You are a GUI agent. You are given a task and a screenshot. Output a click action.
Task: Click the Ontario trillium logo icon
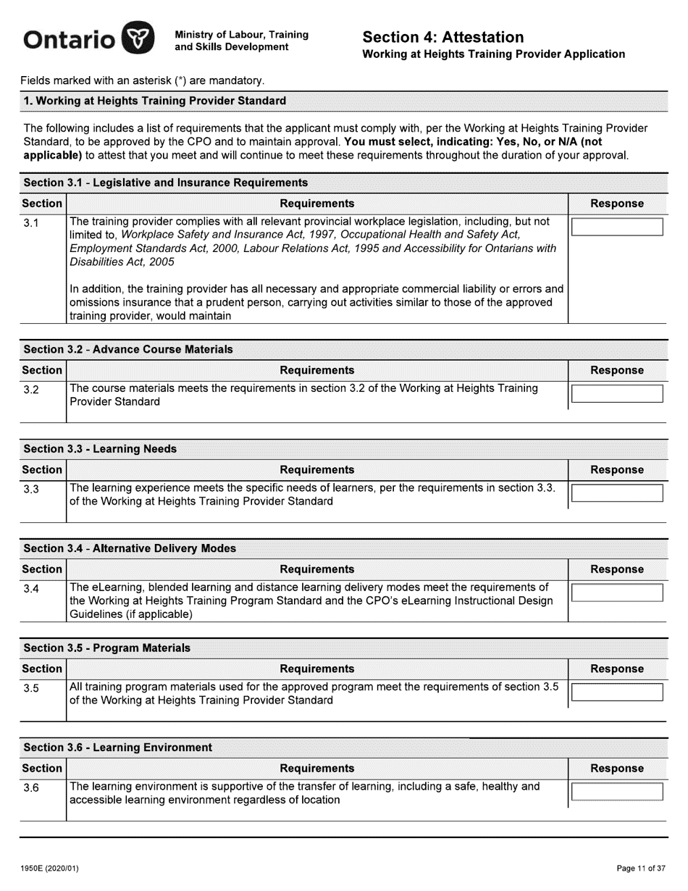click(138, 38)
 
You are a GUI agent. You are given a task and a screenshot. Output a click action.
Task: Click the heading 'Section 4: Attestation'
click(442, 37)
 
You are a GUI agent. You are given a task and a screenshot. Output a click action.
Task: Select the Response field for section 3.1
click(617, 227)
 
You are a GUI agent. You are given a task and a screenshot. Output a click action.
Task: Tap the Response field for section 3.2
click(617, 394)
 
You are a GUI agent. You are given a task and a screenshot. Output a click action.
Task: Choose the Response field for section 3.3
click(617, 493)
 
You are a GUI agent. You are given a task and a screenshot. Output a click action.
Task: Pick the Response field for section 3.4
click(617, 593)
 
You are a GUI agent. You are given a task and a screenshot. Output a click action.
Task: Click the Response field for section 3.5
click(617, 692)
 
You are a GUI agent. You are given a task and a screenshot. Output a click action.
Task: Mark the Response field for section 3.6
click(617, 791)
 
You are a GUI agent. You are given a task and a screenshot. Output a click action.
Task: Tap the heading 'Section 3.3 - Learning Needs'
click(100, 449)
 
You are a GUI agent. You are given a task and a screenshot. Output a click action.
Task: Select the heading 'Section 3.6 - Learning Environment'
click(118, 748)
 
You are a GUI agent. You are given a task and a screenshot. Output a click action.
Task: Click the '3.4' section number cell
click(31, 589)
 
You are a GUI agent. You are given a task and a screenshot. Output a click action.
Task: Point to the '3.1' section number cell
click(31, 223)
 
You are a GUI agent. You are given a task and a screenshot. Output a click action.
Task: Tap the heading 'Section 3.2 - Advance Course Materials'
click(128, 350)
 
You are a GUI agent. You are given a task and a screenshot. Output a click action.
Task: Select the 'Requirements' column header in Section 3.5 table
click(317, 669)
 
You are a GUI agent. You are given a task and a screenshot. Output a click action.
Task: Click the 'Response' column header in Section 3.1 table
click(617, 204)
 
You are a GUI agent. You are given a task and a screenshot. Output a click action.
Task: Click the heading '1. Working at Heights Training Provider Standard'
click(155, 101)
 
